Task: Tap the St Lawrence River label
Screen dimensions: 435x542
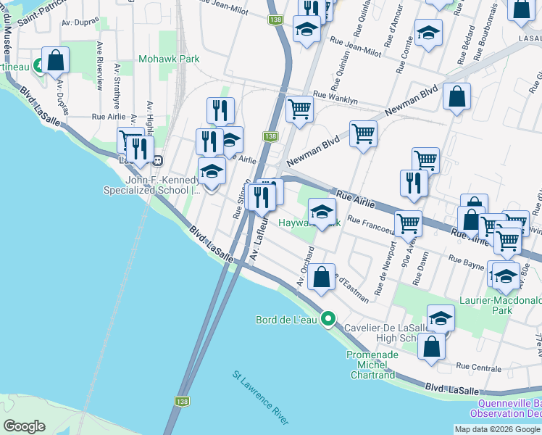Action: [261, 398]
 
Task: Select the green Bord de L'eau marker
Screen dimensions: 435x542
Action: [328, 319]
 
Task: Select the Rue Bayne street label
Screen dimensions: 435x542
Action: [466, 261]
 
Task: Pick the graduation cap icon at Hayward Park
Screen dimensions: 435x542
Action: [322, 211]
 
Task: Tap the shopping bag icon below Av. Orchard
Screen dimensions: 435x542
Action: [321, 276]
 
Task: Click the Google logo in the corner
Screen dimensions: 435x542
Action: [25, 426]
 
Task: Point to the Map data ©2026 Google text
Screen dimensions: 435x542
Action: [496, 429]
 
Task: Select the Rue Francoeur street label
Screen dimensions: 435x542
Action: [371, 225]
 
